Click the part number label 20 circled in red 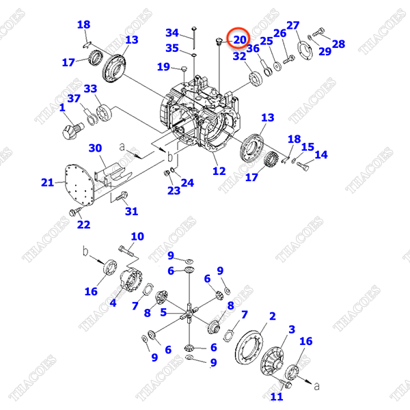point(239,40)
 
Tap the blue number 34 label point(172,33)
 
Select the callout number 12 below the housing point(219,172)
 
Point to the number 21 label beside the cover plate point(47,182)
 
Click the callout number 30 point(96,148)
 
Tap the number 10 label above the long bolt point(137,236)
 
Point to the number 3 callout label point(292,329)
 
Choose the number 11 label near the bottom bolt point(277,397)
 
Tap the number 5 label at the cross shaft point(163,313)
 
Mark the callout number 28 point(338,44)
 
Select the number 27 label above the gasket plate point(292,26)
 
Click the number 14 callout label point(320,155)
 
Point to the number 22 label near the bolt point(83,225)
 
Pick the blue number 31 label point(131,211)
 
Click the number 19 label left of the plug point(163,66)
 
